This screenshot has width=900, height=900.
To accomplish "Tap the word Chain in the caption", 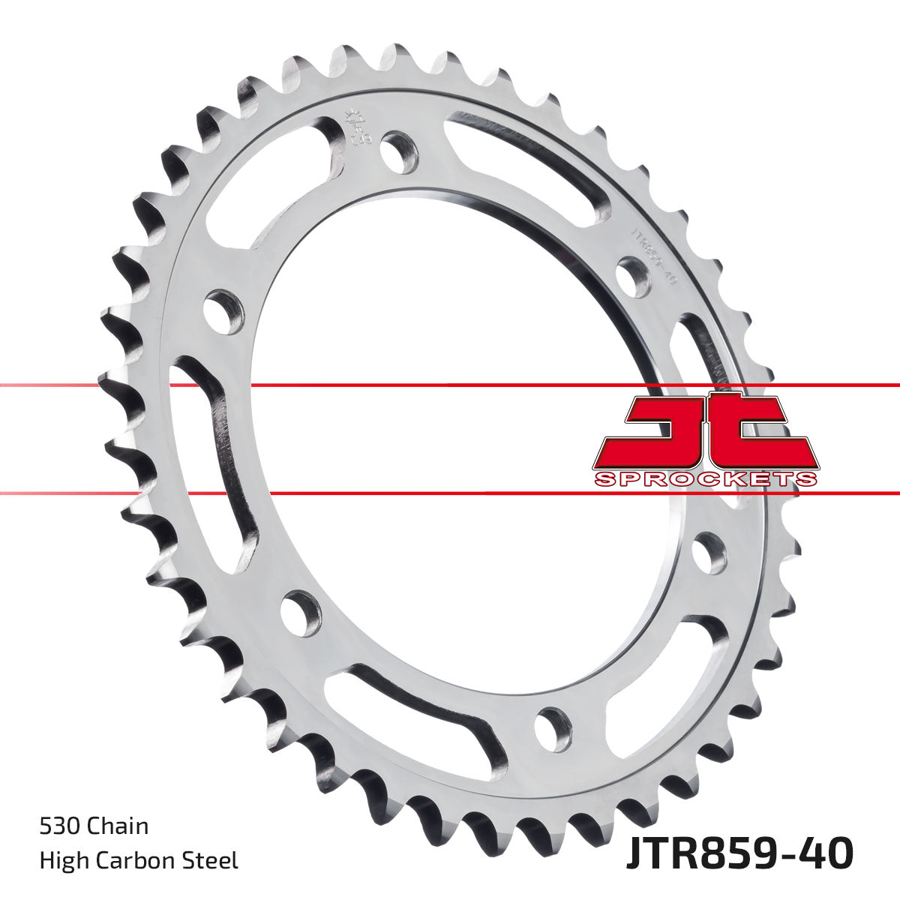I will pyautogui.click(x=118, y=826).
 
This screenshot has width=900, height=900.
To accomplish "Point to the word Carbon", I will pyautogui.click(x=142, y=860).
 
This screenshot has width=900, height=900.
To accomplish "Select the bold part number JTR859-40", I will pyautogui.click(x=739, y=854).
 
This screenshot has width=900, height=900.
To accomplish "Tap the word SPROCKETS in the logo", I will pyautogui.click(x=704, y=479).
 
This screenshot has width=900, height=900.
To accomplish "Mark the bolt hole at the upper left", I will pyautogui.click(x=223, y=311).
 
